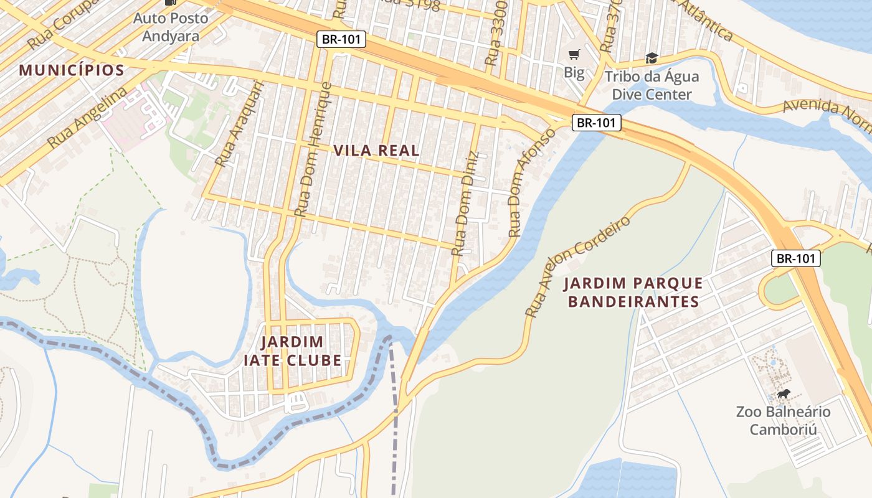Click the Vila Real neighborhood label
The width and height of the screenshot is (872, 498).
[376, 151]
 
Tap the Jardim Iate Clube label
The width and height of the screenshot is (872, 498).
[292, 351]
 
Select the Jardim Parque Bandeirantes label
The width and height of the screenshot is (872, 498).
[633, 293]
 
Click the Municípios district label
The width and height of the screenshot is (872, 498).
[72, 70]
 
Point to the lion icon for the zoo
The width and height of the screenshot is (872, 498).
[784, 393]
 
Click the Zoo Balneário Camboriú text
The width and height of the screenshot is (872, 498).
[783, 421]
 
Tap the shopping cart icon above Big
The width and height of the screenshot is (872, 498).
[574, 55]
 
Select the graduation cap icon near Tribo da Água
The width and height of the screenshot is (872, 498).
[652, 59]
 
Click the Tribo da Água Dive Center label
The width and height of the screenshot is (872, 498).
[652, 86]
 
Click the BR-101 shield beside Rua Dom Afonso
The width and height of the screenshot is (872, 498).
[596, 123]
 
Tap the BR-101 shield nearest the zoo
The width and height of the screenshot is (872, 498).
[795, 258]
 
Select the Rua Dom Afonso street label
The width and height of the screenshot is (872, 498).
[531, 183]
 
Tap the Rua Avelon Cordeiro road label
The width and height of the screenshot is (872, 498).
[577, 266]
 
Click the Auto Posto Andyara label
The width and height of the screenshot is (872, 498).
[171, 27]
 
